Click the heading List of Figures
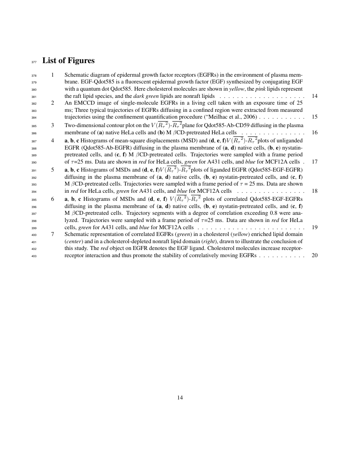tap(68, 61)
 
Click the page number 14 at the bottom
tap(180, 397)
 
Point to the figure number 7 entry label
tap(53, 234)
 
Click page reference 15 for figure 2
tap(314, 116)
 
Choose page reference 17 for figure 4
tap(314, 161)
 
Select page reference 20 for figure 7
tap(314, 255)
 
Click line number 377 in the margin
tap(34, 62)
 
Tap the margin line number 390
tap(34, 162)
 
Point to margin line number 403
tap(34, 256)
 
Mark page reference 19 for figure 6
tap(314, 227)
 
